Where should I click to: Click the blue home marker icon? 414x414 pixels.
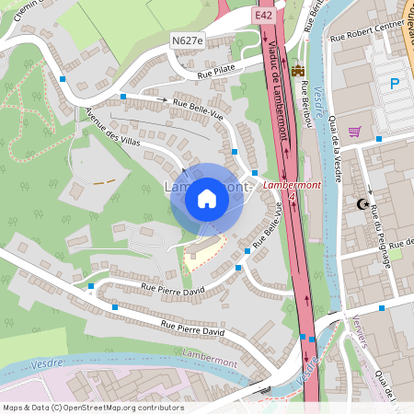pyautogui.click(x=207, y=199)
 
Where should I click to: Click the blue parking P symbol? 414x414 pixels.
pyautogui.click(x=395, y=85)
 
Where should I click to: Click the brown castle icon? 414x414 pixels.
pyautogui.click(x=297, y=71)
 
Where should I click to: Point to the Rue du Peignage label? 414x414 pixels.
pyautogui.click(x=380, y=236)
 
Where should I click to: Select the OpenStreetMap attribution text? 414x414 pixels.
pyautogui.click(x=92, y=408)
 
